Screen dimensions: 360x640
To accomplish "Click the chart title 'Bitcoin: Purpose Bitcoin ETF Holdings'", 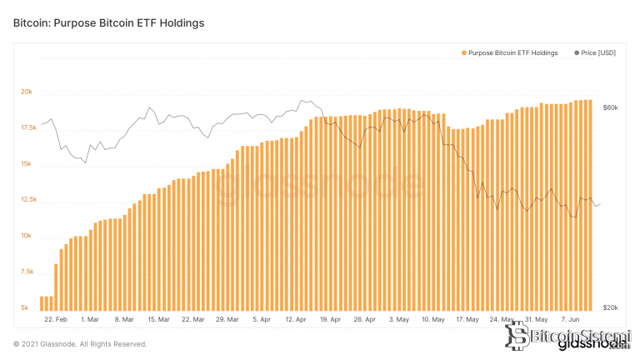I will point(109,23).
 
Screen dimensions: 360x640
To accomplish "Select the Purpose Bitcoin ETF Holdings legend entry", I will point(512,53).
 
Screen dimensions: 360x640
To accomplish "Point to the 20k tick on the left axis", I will point(27,92).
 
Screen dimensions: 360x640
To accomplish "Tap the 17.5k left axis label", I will point(27,127).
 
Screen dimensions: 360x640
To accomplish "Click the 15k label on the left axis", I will point(27,164).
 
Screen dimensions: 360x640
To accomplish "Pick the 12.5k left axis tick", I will point(27,200).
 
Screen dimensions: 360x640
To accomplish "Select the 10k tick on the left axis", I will point(27,236).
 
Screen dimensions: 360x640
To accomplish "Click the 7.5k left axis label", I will point(27,272).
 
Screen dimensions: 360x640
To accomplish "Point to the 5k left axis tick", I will point(25,307).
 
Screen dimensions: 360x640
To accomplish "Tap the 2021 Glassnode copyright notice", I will point(80,343).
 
